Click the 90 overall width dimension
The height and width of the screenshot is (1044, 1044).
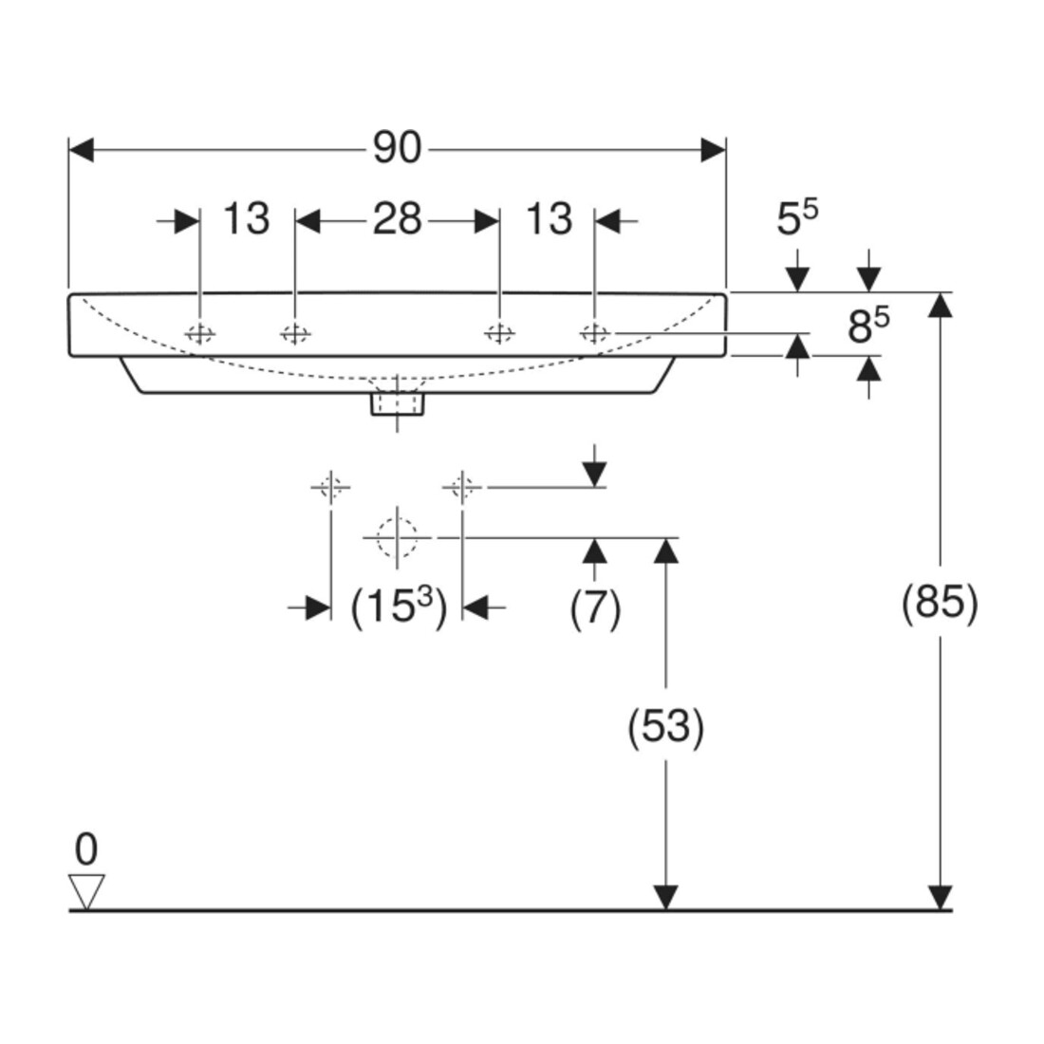tap(397, 147)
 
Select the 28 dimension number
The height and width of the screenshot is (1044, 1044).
tap(397, 218)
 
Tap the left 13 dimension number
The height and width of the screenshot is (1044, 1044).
tap(247, 218)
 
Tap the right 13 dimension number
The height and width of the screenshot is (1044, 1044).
tap(550, 218)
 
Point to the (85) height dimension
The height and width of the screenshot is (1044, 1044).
tap(940, 603)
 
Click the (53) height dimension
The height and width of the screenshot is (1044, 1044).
tap(666, 726)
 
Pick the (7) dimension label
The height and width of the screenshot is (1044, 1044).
tap(595, 607)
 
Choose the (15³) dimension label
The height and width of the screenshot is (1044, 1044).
tap(399, 606)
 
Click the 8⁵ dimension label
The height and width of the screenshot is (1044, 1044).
tap(868, 325)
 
